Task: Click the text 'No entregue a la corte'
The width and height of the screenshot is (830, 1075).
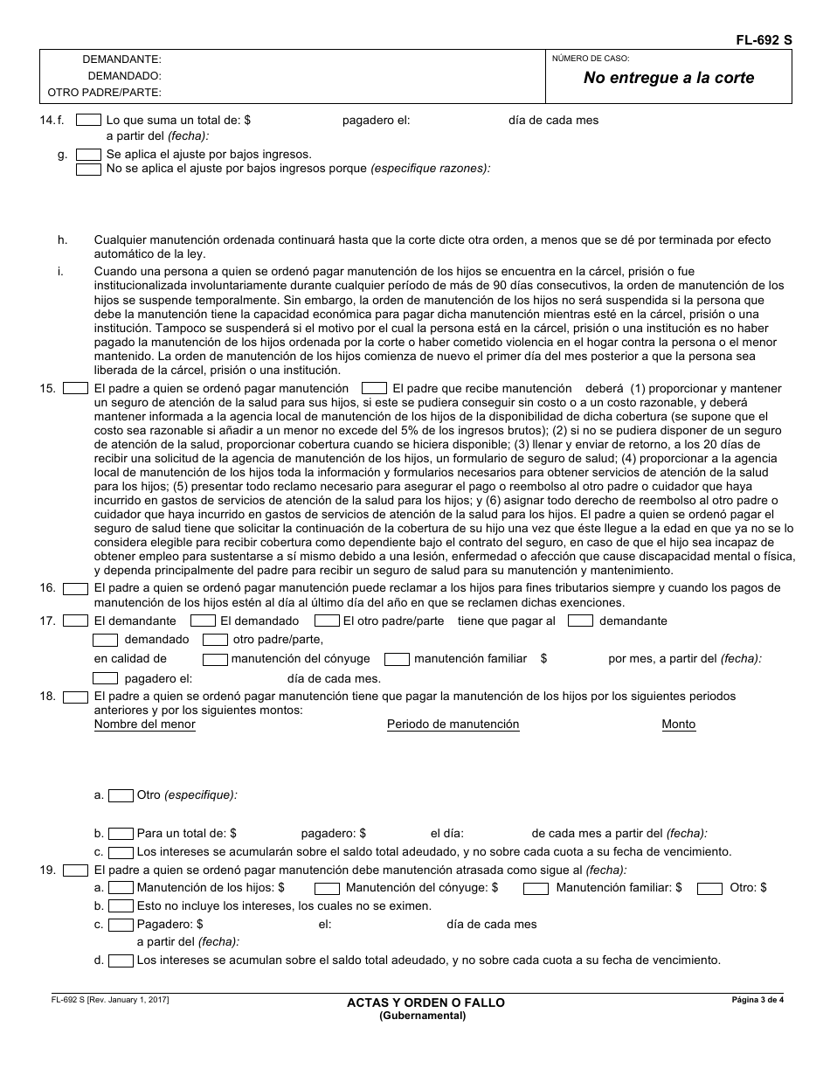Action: click(x=668, y=78)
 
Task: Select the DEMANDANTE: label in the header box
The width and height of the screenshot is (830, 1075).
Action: click(x=121, y=59)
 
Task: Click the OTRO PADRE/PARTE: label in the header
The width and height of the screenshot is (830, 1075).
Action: click(x=104, y=92)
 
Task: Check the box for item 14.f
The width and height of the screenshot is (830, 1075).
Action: click(x=88, y=120)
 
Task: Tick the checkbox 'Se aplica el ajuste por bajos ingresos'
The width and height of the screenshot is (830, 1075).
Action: click(x=88, y=155)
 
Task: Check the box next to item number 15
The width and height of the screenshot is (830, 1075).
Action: click(x=76, y=388)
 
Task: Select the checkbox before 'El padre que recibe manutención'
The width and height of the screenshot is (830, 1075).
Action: click(x=374, y=388)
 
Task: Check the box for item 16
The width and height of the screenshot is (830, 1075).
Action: click(x=76, y=588)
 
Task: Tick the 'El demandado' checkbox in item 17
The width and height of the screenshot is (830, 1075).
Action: click(x=203, y=621)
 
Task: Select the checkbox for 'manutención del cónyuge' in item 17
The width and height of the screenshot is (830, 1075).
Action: click(x=215, y=659)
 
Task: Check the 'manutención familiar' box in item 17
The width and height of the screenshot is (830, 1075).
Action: click(x=397, y=659)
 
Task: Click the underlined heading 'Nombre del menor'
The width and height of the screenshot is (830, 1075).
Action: click(x=145, y=725)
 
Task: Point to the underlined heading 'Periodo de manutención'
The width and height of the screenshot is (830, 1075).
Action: click(x=453, y=725)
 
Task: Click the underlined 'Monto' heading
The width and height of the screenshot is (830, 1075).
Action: click(x=678, y=725)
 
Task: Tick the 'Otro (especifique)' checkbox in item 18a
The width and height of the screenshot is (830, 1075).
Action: click(x=121, y=795)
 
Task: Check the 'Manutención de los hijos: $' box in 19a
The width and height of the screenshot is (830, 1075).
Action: click(x=121, y=888)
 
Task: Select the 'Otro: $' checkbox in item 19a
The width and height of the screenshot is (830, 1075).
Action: click(x=709, y=888)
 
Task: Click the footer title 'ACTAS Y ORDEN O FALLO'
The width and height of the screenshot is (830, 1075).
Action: click(x=425, y=1002)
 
